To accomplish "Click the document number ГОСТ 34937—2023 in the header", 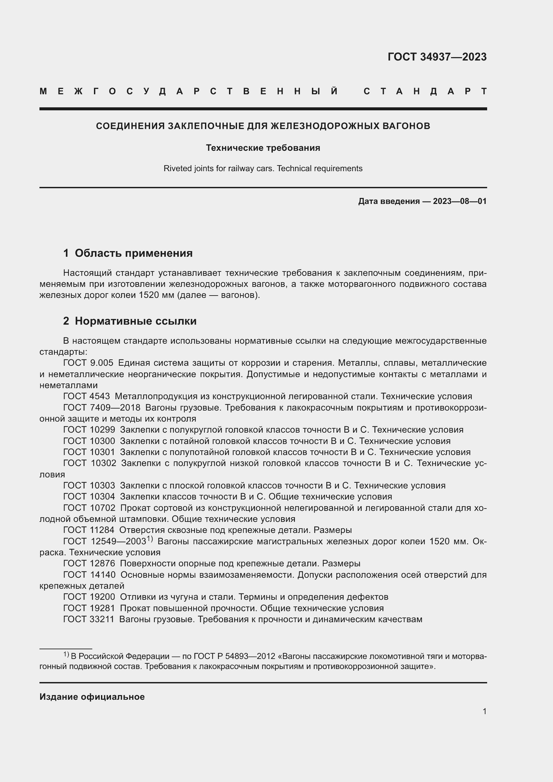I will tap(437, 57).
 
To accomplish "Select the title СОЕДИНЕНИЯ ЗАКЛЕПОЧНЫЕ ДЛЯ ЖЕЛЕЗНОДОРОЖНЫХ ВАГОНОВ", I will tap(263, 126).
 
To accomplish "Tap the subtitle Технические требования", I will tap(263, 148).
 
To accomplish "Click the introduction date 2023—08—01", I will tap(460, 201).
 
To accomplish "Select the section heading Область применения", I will tap(133, 253).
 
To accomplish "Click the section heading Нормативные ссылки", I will tap(135, 321).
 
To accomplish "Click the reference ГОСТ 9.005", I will tap(88, 363).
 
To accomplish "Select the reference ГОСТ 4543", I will tap(87, 397).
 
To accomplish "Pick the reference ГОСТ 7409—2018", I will tap(102, 408).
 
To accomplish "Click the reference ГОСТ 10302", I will tap(90, 463).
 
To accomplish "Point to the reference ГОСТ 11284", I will tap(89, 530).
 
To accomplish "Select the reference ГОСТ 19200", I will tap(89, 597).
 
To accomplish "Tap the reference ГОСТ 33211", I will tap(89, 619).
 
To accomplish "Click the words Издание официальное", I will tap(92, 697).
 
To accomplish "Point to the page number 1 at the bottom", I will tap(484, 711).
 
